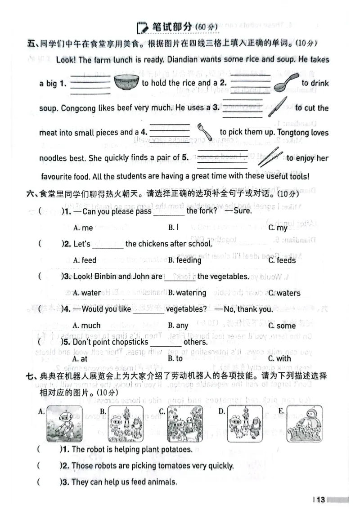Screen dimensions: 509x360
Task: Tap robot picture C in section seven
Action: [x=184, y=424]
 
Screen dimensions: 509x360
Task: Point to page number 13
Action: [x=320, y=500]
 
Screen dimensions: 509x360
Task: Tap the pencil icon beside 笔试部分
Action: [x=142, y=27]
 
